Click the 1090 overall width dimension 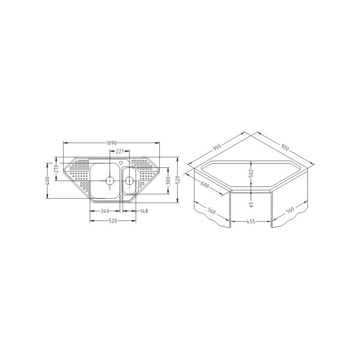pyautogui.click(x=111, y=143)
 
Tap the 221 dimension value pyautogui.click(x=120, y=151)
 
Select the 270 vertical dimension pyautogui.click(x=57, y=169)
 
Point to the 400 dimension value pyautogui.click(x=47, y=181)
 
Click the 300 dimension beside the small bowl pyautogui.click(x=168, y=181)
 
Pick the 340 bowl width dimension pyautogui.click(x=105, y=211)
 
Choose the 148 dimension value pyautogui.click(x=144, y=211)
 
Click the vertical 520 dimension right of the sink pyautogui.click(x=177, y=180)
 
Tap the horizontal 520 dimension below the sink pyautogui.click(x=113, y=221)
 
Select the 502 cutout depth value pyautogui.click(x=251, y=173)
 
